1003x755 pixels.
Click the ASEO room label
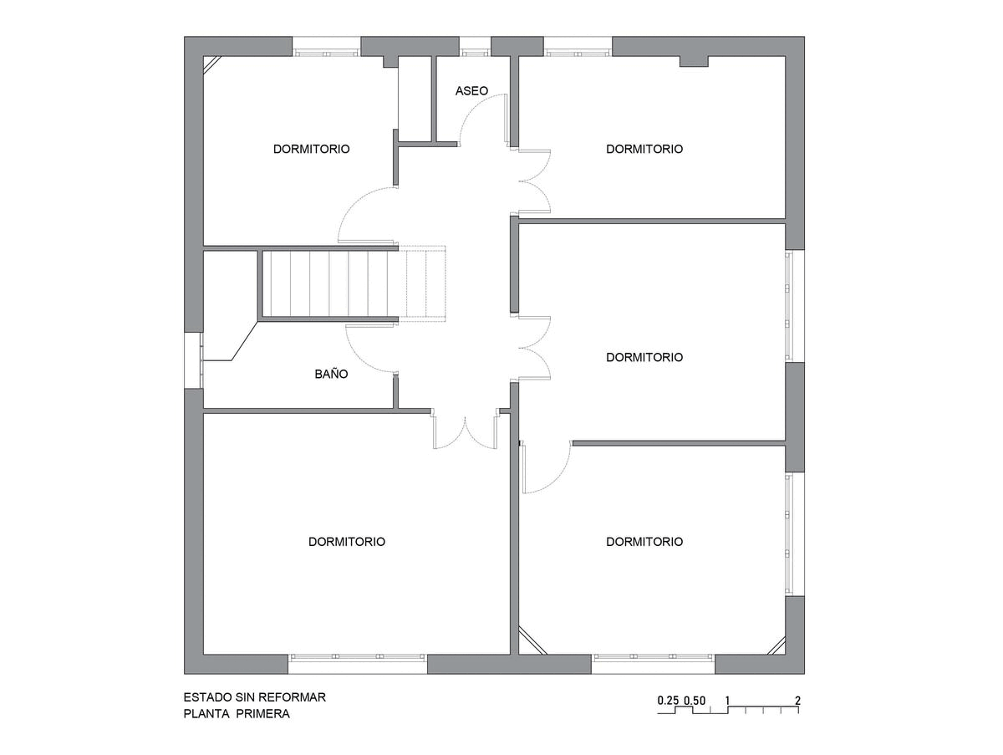(471, 90)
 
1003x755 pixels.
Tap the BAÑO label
(331, 374)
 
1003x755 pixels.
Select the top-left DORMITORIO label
(311, 149)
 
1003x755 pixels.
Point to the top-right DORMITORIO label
(644, 149)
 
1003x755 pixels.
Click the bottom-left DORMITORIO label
(347, 542)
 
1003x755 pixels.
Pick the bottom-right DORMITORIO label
(644, 542)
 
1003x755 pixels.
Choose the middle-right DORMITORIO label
(644, 357)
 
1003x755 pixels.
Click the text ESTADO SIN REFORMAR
(255, 697)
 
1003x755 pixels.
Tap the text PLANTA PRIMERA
(237, 713)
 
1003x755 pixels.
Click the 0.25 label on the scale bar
(668, 700)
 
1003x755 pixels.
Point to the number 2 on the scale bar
(798, 700)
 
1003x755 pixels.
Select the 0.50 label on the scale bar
(695, 700)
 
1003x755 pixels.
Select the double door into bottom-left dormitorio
(466, 432)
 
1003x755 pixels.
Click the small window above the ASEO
(475, 47)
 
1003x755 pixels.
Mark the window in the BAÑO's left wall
(194, 360)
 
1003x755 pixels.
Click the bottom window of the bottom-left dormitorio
(358, 663)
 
